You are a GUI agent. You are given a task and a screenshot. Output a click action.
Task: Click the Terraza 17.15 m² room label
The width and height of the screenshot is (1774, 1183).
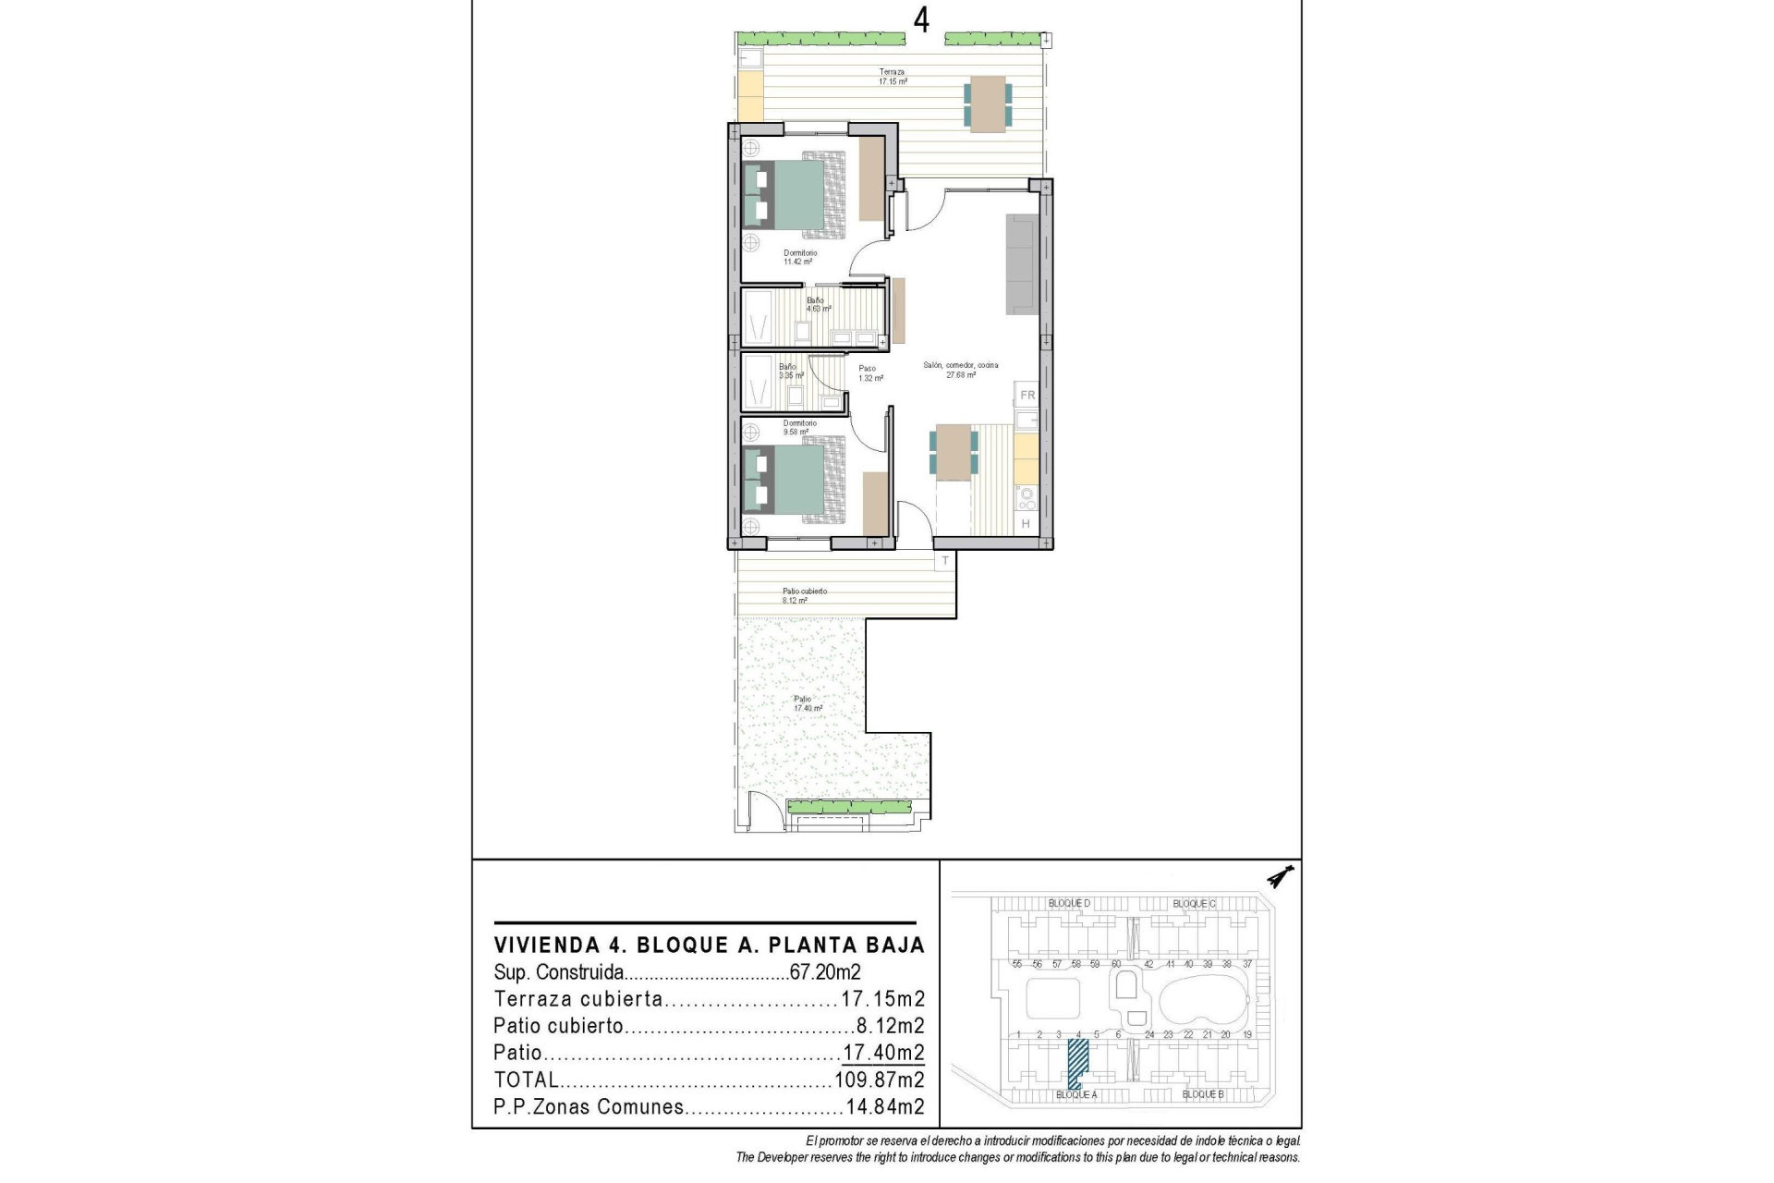pos(892,77)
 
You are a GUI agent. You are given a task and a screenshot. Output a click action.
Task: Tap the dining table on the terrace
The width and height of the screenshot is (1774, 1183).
pos(988,103)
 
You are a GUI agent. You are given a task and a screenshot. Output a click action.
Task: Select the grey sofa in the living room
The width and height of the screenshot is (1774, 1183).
pos(1021,263)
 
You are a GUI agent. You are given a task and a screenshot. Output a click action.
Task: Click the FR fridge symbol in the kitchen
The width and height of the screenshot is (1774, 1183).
pos(1027,396)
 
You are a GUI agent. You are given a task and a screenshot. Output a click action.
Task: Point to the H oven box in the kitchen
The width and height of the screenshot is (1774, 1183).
pos(1026,524)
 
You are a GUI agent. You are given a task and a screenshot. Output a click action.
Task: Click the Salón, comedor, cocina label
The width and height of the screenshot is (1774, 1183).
pos(961,370)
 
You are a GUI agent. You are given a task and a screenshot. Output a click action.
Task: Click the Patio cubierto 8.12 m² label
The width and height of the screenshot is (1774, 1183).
pos(804,595)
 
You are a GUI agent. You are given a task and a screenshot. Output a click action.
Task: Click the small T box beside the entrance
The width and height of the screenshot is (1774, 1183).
pos(945,561)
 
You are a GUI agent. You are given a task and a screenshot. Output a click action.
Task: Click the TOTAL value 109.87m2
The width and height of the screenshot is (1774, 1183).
pos(879,1079)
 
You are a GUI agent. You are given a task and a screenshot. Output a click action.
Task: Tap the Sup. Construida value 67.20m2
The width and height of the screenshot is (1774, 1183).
pos(825,972)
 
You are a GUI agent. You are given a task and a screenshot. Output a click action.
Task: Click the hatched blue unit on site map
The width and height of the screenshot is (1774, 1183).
pos(1077,1063)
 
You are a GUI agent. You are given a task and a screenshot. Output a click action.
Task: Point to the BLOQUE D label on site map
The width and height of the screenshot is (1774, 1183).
pos(1069,903)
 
